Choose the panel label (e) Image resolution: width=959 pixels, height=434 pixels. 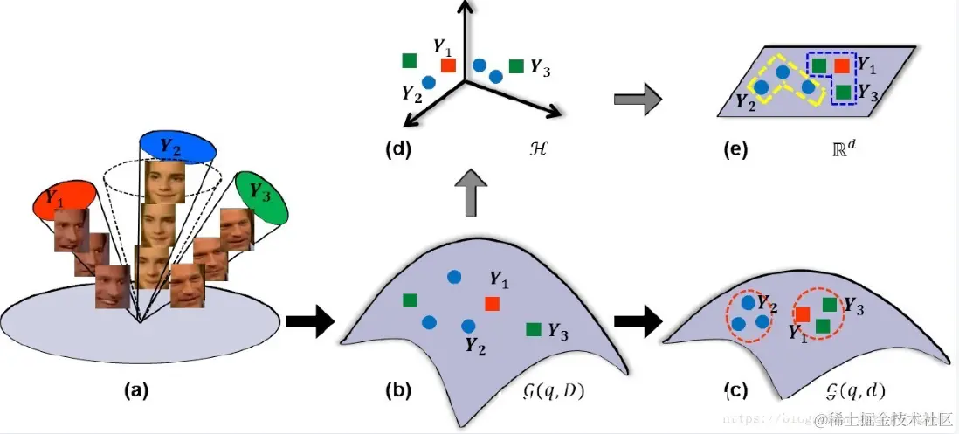[735, 148]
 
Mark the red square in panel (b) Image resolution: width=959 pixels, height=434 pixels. [493, 303]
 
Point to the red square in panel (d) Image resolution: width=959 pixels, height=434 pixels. [448, 65]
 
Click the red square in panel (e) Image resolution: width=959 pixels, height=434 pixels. [841, 65]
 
